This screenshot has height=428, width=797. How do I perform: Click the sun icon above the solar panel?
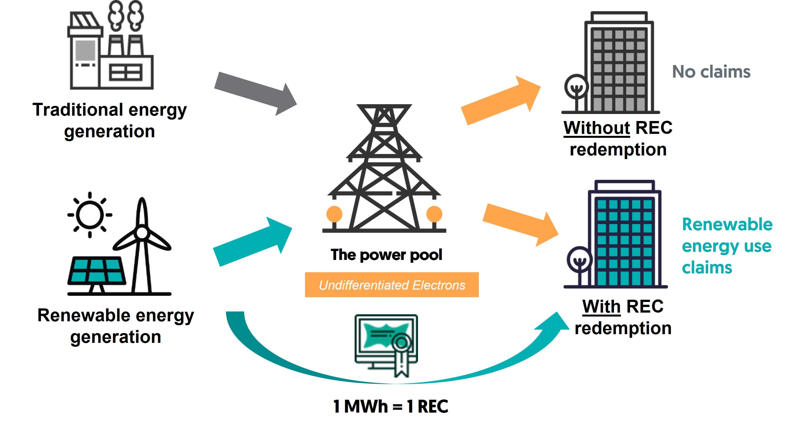tap(90, 215)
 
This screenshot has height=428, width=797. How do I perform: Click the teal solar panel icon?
tap(96, 271)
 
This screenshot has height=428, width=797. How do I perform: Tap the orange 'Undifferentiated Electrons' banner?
tap(392, 285)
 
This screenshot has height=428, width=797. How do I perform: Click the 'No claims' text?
tap(711, 72)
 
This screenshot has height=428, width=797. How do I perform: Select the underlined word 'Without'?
tap(597, 128)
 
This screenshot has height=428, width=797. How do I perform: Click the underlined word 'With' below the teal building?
tap(601, 306)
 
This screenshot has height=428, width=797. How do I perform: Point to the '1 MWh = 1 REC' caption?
tap(391, 406)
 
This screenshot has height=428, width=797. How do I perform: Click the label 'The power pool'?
tap(386, 255)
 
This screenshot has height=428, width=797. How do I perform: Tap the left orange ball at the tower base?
tap(334, 214)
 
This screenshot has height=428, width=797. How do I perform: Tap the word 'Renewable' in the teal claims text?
tap(727, 225)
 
